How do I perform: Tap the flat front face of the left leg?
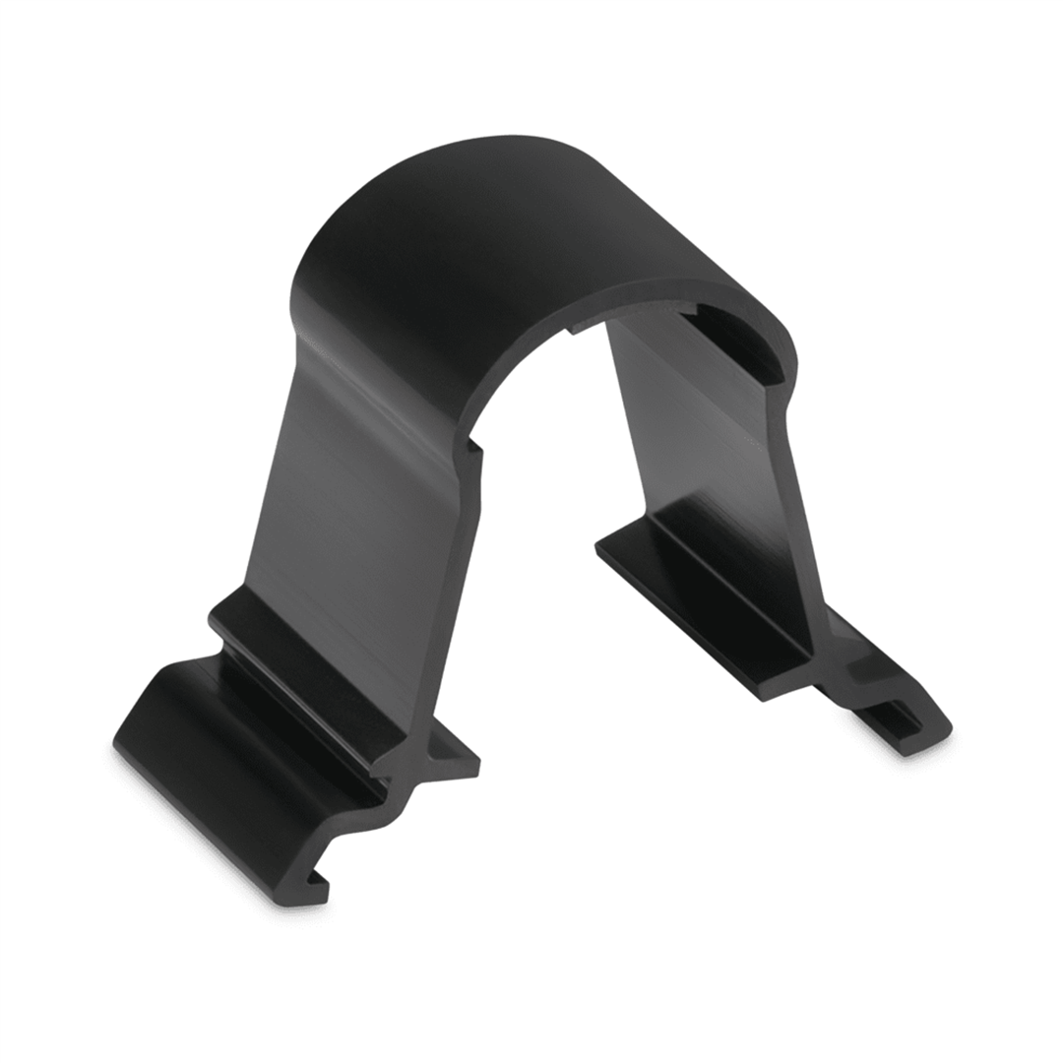(354, 492)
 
